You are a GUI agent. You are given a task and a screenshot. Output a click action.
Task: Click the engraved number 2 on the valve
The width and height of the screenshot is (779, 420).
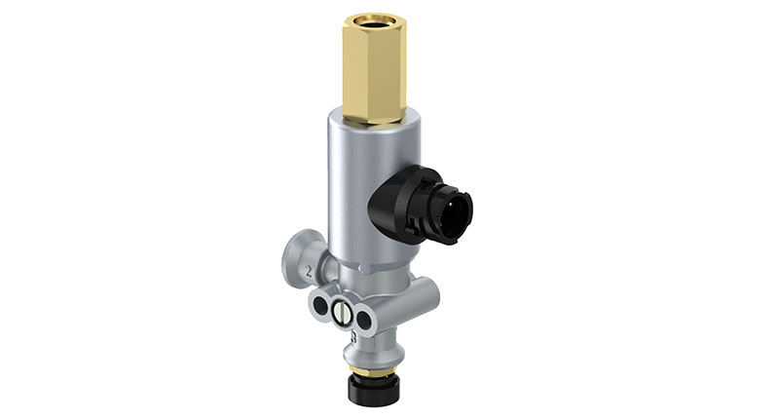[310, 268]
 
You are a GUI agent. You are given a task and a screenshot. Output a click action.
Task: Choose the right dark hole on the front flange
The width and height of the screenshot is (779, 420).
[364, 318]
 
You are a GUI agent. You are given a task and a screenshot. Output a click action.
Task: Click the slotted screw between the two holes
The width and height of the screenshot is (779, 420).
[342, 313]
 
